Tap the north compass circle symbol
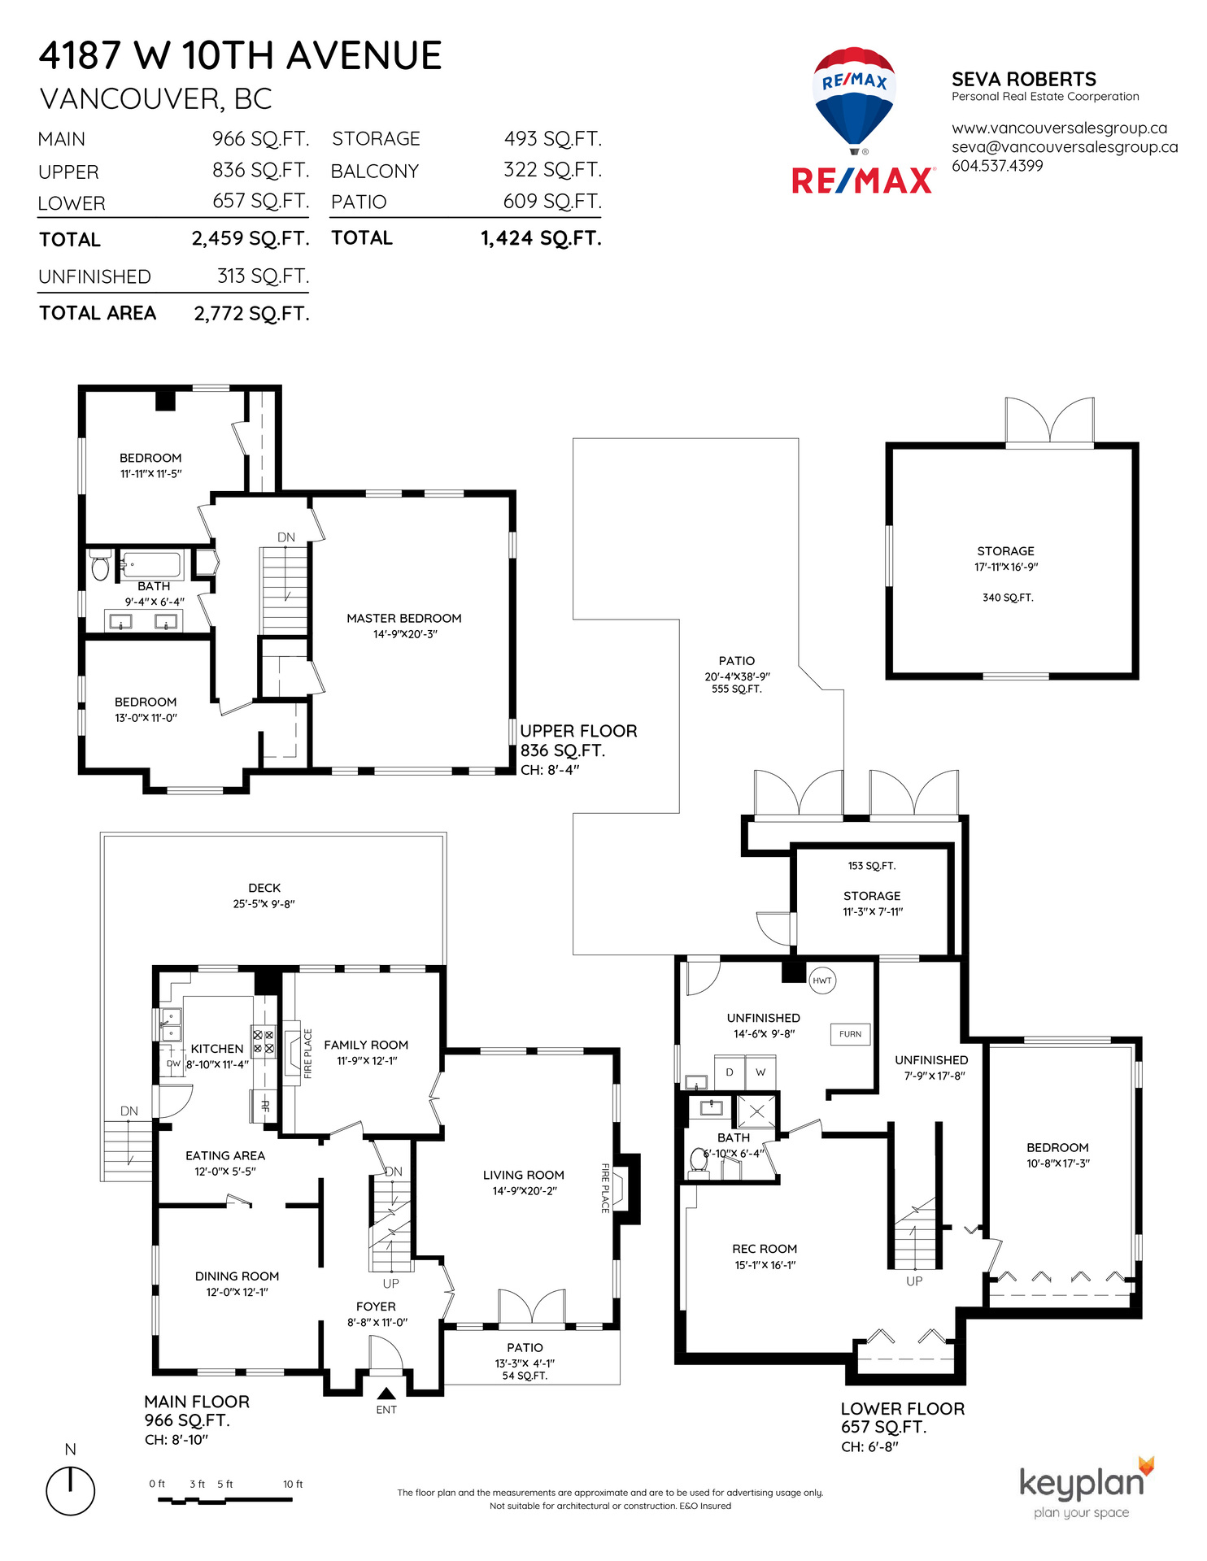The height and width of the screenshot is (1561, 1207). (71, 1491)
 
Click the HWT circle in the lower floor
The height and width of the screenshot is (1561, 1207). (822, 981)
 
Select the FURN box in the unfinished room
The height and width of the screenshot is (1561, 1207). (850, 1034)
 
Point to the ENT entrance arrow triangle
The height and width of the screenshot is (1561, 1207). (386, 1394)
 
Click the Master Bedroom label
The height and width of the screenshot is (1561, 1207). (404, 619)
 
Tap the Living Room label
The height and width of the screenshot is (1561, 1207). (524, 1175)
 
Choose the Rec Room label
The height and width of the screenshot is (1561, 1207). (765, 1249)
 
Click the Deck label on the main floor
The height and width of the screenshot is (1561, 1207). (264, 888)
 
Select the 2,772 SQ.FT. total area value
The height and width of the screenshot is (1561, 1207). (251, 314)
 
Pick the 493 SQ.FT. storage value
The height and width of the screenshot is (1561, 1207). (553, 139)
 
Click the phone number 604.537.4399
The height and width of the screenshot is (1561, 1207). (997, 166)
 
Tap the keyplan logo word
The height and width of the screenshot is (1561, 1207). (1082, 1482)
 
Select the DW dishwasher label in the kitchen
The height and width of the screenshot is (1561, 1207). (173, 1063)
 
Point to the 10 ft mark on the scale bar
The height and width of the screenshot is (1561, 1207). (293, 1485)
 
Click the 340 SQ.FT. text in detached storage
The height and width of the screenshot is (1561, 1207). (1008, 598)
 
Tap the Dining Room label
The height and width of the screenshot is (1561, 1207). (237, 1276)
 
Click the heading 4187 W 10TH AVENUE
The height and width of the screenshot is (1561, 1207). (240, 56)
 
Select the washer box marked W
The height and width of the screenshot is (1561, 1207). (760, 1072)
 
